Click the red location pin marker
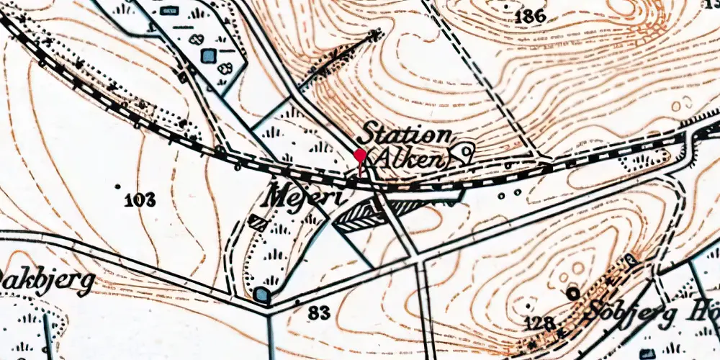[x=359, y=156]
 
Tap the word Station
[x=406, y=134]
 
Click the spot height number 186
[x=531, y=16]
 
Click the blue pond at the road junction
[x=262, y=295]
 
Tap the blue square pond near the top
[x=209, y=55]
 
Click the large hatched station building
[x=374, y=215]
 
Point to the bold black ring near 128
[x=573, y=292]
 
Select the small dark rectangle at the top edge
[x=170, y=10]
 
